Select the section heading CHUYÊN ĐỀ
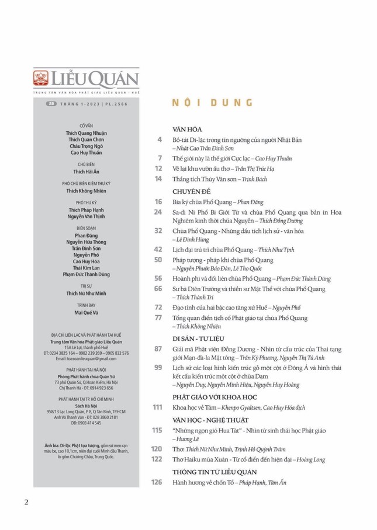[191, 191]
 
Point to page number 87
[157, 348]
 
